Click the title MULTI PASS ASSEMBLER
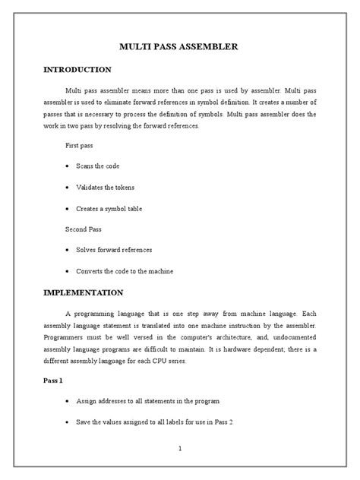[x=179, y=47]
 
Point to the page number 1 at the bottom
[x=179, y=449]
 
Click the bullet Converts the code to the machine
[x=130, y=271]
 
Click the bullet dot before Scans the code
[x=68, y=166]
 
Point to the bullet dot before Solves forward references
[x=68, y=250]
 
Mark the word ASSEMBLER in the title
[x=211, y=47]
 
